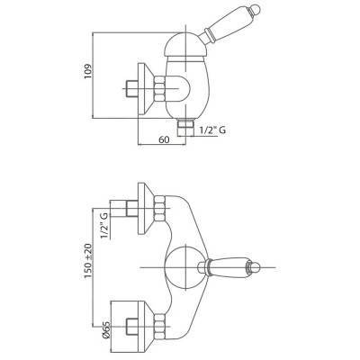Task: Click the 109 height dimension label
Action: point(87,71)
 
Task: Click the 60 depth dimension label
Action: point(164,139)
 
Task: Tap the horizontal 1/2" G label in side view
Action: point(212,130)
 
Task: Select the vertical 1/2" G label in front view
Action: point(104,225)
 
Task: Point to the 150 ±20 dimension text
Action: point(88,260)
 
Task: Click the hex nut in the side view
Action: point(159,89)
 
